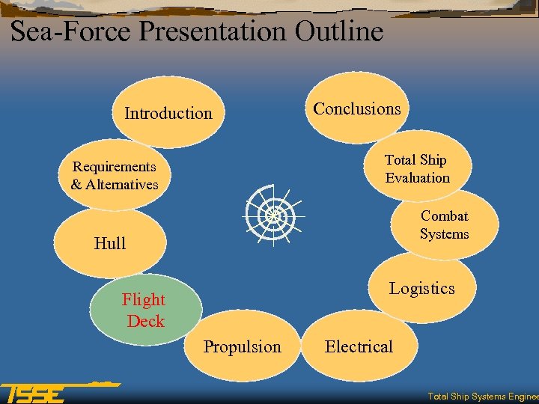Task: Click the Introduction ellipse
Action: click(168, 114)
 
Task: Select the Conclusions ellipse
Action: click(357, 109)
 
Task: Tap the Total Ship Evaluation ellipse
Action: click(417, 168)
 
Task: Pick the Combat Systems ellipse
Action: click(445, 224)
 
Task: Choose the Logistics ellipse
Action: click(422, 289)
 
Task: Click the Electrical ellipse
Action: click(359, 346)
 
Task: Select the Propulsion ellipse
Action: click(243, 346)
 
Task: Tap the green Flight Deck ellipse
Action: click(144, 310)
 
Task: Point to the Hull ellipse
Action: click(110, 243)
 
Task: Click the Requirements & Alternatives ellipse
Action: click(115, 175)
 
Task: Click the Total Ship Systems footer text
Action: click(482, 397)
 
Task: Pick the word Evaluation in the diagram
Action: click(418, 178)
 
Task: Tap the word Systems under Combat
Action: click(445, 234)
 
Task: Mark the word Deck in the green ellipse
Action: click(145, 321)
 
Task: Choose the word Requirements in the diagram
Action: click(115, 166)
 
